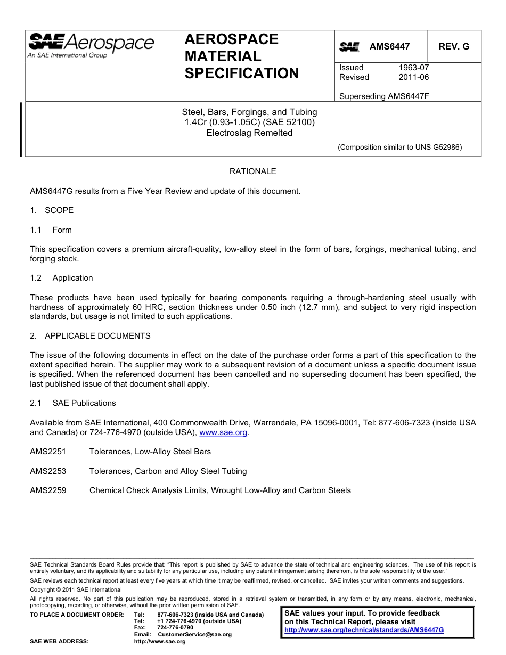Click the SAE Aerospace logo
click(x=91, y=45)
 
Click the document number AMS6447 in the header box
click(x=389, y=47)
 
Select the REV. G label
click(x=454, y=47)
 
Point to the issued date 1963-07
click(x=413, y=68)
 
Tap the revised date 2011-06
click(x=413, y=77)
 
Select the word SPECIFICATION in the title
click(x=242, y=73)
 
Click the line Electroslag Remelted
click(x=249, y=133)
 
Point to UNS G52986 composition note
click(x=399, y=148)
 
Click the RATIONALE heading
click(x=252, y=171)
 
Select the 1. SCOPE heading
click(x=52, y=210)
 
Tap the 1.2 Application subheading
click(x=62, y=278)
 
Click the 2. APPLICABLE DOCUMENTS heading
click(x=90, y=336)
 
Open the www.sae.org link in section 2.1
click(x=223, y=432)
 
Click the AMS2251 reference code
click(x=48, y=452)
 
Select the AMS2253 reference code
click(x=48, y=471)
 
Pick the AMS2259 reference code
click(x=48, y=490)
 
